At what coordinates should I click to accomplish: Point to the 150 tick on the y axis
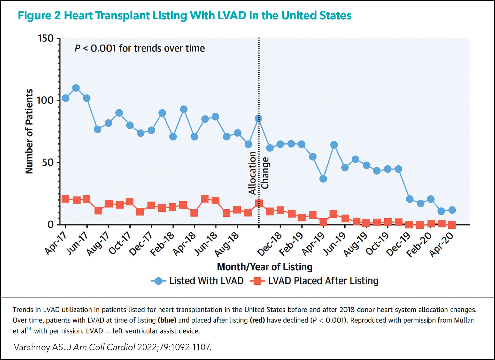pos(46,38)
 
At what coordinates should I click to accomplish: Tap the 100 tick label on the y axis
pos(45,100)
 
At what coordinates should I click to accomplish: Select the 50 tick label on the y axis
pos(48,163)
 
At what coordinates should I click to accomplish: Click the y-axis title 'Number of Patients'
pos(29,131)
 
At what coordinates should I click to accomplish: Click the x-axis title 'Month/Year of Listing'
pos(265,267)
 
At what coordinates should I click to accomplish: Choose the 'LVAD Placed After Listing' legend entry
pos(316,281)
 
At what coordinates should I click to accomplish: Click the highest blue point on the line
pos(76,88)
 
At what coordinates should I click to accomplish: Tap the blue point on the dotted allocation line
pos(259,119)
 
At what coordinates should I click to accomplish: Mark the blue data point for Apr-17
pos(66,98)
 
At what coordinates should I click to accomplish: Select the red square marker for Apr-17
pos(66,199)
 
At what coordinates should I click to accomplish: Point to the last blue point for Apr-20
pos(452,210)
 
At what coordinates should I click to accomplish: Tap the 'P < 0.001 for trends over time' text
pos(140,48)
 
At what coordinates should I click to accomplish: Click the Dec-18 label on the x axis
pos(269,244)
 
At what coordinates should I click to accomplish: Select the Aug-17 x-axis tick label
pos(98,244)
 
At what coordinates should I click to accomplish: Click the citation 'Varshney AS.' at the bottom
pos(39,347)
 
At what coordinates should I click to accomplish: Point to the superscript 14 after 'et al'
pos(29,329)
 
